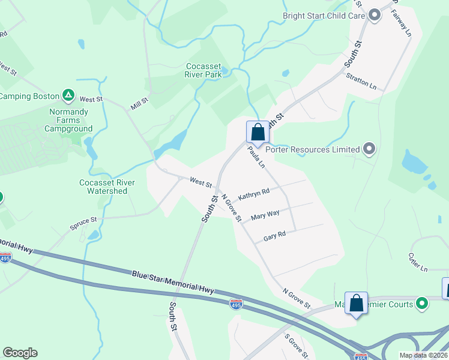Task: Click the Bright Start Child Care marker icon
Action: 375,15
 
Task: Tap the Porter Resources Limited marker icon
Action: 369,149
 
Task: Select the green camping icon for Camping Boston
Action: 69,95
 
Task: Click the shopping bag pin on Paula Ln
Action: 258,132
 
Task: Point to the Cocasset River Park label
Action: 204,70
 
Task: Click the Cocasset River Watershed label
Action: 107,187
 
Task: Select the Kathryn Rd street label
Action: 254,194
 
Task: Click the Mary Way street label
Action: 265,214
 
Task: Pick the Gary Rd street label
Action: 274,237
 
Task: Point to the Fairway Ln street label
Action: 403,23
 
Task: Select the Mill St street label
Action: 139,104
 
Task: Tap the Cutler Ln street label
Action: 418,262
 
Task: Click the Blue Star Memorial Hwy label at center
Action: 173,282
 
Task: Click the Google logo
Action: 20,353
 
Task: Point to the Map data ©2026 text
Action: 423,355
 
